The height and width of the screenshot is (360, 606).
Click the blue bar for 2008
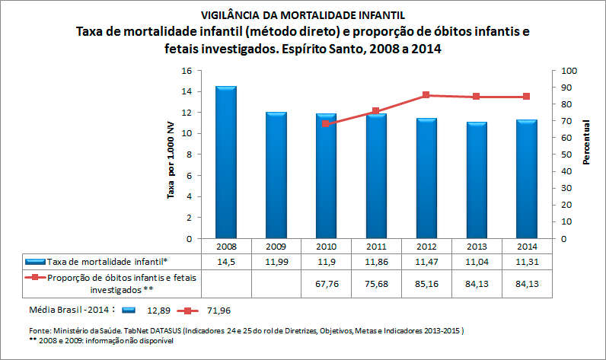pos(226,162)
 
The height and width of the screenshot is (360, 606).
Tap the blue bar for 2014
pos(526,179)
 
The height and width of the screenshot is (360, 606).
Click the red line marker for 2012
pos(426,95)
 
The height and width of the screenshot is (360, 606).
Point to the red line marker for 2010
pos(326,123)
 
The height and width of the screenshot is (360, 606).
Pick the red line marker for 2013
pos(476,97)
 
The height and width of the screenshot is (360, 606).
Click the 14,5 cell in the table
pos(226,261)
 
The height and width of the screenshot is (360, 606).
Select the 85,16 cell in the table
pos(426,284)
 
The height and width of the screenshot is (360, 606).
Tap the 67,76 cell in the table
pos(326,284)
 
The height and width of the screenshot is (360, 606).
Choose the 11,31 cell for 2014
pos(526,261)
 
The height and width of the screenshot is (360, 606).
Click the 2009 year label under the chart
pos(276,247)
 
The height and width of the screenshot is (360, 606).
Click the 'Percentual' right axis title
pos(587,142)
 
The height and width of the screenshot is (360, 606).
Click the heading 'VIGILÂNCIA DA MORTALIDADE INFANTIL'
pos(303,14)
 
